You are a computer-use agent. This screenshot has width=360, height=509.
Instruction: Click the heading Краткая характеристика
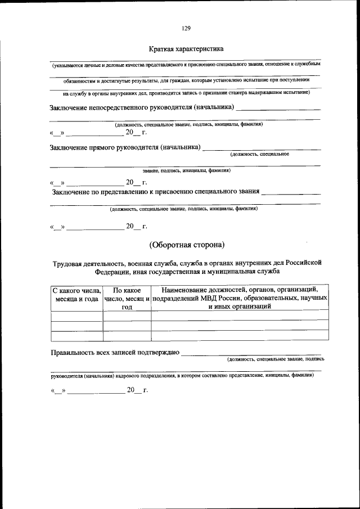pyautogui.click(x=186, y=49)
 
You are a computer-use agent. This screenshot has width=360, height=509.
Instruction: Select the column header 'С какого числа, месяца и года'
pyautogui.click(x=76, y=295)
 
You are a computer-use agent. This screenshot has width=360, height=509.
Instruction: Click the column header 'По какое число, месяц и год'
pyautogui.click(x=127, y=299)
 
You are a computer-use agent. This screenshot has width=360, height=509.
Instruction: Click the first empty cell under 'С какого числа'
pyautogui.click(x=76, y=316)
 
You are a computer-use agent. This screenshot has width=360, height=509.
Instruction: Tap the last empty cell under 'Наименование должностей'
pyautogui.click(x=240, y=336)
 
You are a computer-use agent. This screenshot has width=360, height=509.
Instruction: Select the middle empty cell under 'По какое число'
pyautogui.click(x=127, y=326)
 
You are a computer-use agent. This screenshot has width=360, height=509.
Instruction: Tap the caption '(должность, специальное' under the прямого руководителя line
pyautogui.click(x=259, y=154)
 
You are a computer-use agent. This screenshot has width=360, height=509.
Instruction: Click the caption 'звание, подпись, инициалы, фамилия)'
pyautogui.click(x=186, y=170)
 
